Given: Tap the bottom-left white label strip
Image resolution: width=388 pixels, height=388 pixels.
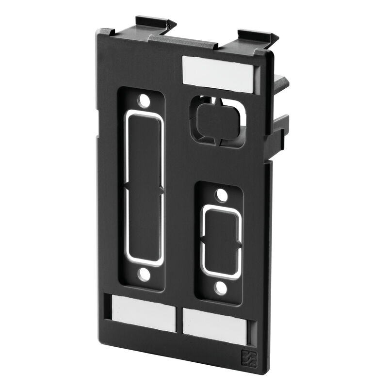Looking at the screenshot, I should point(144,313).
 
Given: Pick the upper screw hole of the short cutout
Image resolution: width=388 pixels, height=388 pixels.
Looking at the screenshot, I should point(221,196).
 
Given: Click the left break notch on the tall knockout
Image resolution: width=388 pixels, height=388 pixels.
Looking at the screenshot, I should point(127,186).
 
